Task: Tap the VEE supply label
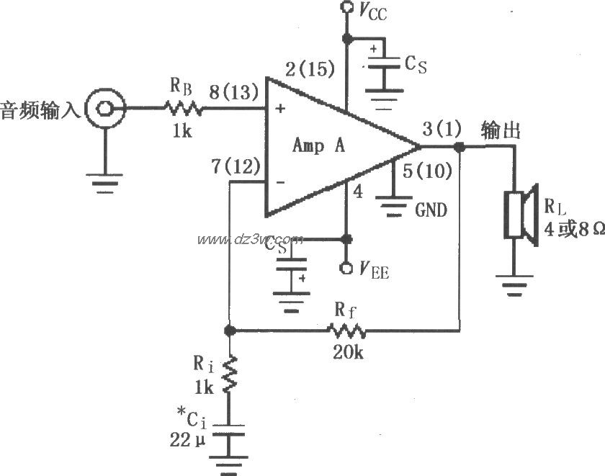373,270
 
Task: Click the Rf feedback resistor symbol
347,331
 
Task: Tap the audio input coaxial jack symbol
103,109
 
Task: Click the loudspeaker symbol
521,214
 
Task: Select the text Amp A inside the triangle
318,145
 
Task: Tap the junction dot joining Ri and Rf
230,331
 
